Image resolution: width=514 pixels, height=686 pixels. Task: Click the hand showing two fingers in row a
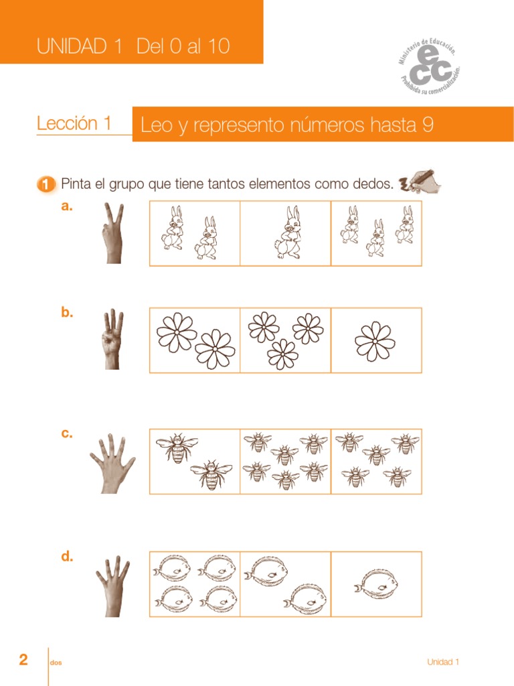pos(112,233)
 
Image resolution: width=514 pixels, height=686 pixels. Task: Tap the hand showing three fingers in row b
pos(112,339)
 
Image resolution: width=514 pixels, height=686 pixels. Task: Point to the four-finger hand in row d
pos(112,586)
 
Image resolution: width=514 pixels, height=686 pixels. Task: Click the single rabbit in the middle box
pos(290,232)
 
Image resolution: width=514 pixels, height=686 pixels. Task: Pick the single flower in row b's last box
pos(375,341)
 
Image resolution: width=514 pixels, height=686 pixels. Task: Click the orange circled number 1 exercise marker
pos(46,184)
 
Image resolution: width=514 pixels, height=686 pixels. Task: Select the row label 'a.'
pos(66,207)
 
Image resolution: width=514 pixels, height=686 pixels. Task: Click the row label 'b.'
pos(67,312)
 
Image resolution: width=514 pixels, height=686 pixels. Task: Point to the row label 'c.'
pos(66,433)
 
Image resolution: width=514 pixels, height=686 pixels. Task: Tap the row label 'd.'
pos(67,557)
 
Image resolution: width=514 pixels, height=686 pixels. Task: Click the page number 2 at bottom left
pos(23,661)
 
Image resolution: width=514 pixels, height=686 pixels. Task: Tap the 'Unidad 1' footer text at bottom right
pos(443,663)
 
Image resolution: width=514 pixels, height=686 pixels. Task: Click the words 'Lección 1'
pos(74,123)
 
